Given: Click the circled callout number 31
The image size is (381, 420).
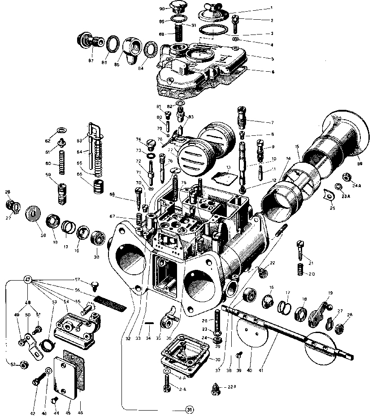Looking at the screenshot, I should [x=189, y=410].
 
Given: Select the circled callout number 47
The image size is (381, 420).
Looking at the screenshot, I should [x=27, y=280].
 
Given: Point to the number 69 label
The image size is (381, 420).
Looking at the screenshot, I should [x=359, y=165].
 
